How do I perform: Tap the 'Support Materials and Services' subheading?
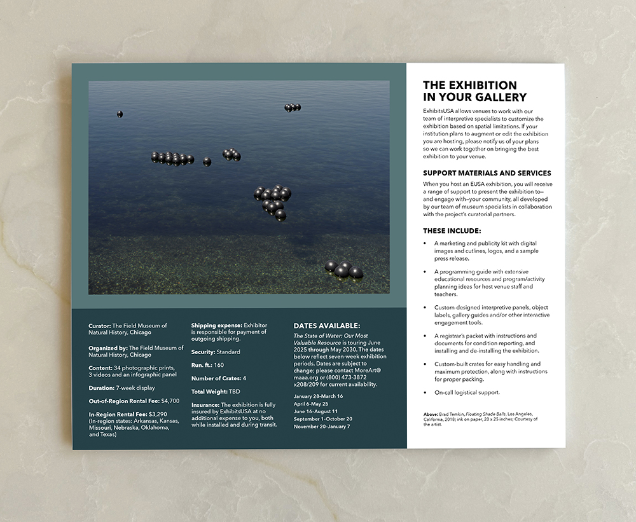487,173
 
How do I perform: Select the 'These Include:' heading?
452,231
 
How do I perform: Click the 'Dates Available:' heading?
326,326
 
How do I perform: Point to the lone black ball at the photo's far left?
120,114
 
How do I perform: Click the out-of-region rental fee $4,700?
170,401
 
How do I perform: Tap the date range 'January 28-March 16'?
318,396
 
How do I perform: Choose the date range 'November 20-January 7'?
322,426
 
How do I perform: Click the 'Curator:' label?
99,326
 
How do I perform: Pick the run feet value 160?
219,365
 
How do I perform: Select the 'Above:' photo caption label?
431,415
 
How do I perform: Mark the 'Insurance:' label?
205,404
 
